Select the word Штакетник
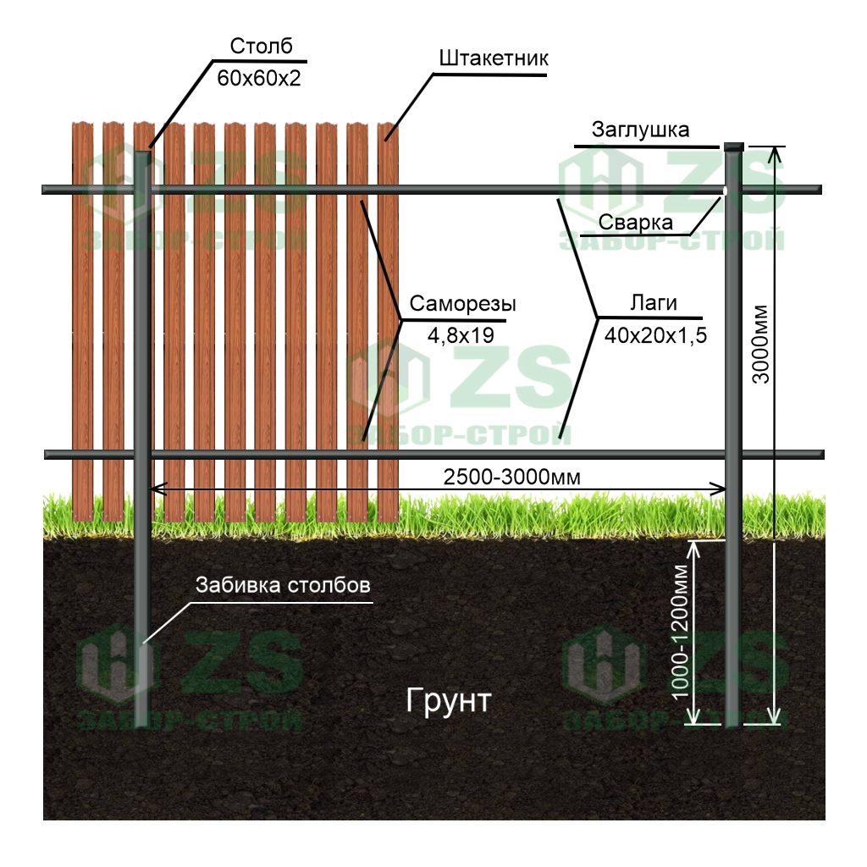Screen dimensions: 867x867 (494, 58)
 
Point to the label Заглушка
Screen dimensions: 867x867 (640, 130)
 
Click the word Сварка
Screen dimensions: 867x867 (635, 222)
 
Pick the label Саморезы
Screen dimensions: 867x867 (462, 304)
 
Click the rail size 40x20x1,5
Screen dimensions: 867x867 (655, 335)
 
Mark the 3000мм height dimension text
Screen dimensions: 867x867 (761, 343)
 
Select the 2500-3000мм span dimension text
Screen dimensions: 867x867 (512, 477)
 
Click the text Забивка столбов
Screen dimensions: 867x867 (283, 586)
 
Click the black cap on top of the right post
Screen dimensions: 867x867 (733, 147)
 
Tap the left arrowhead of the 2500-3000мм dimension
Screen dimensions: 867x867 (155, 489)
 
